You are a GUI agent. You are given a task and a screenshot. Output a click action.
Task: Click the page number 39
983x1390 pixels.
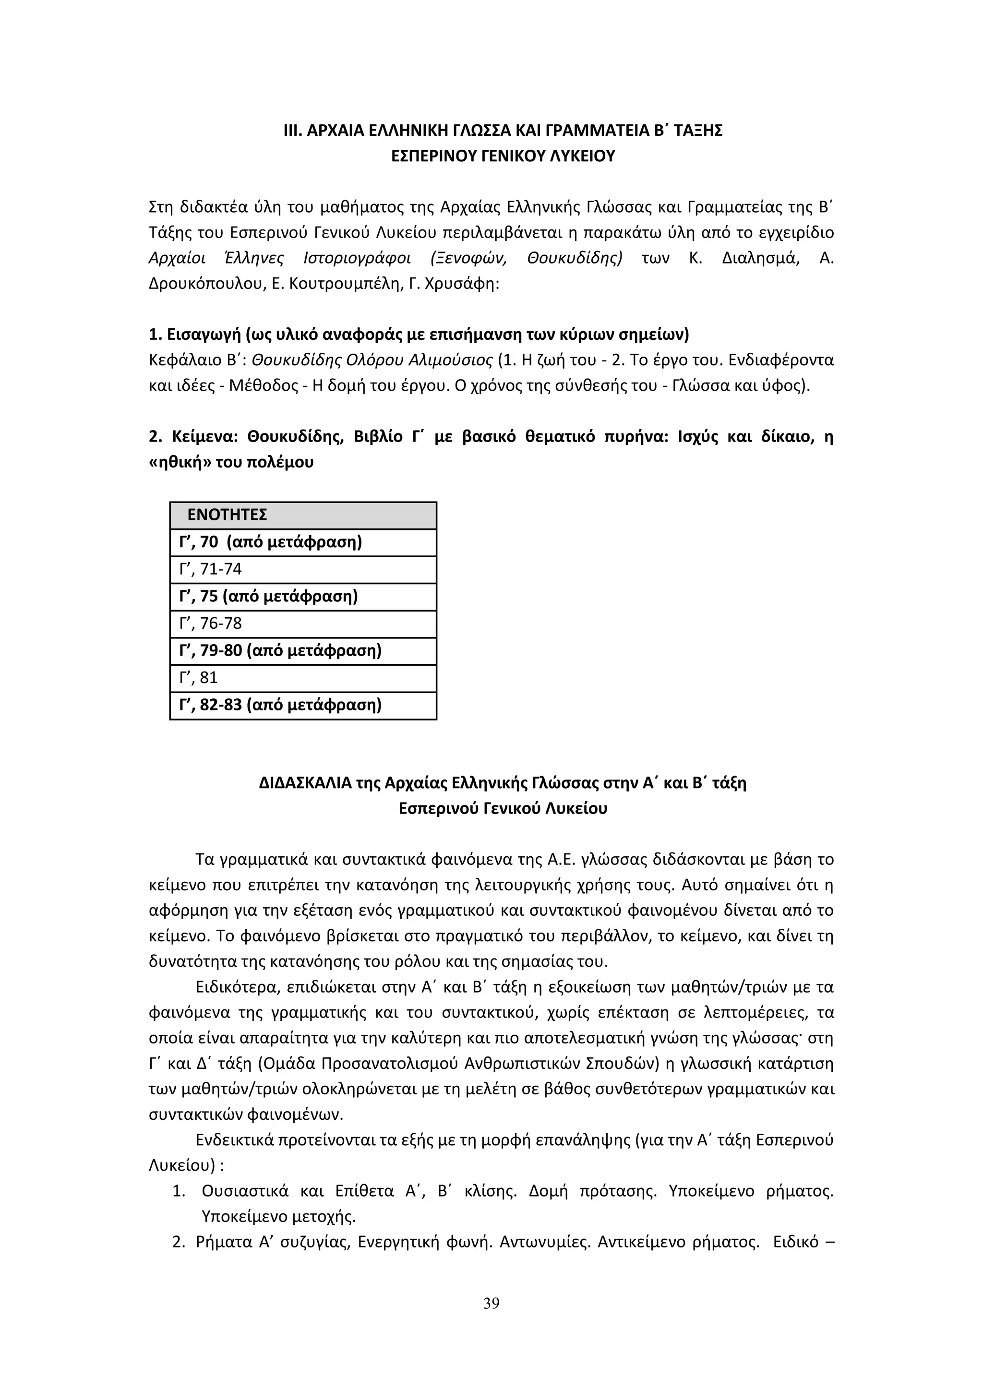pyautogui.click(x=491, y=1304)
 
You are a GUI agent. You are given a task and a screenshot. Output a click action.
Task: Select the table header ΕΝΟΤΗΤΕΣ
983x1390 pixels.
pyautogui.click(x=227, y=515)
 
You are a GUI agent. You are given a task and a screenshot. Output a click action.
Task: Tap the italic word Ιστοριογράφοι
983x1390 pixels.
pyautogui.click(x=357, y=259)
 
